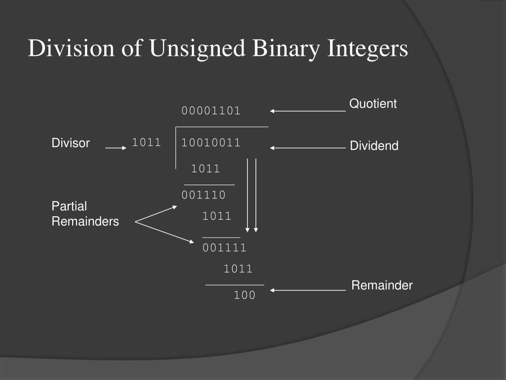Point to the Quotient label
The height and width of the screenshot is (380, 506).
373,103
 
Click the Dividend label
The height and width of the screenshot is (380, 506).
374,146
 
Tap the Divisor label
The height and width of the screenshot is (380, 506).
71,143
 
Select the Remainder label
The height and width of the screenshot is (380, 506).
382,285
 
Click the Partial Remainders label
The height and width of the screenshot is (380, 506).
85,214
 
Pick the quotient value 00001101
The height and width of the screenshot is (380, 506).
211,111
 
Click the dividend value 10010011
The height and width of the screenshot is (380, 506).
211,143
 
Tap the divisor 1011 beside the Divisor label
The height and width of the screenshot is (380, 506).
146,143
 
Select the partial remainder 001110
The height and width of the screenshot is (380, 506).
204,195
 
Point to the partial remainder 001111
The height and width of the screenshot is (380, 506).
224,248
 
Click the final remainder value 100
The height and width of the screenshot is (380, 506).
245,295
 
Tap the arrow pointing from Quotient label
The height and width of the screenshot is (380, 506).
307,111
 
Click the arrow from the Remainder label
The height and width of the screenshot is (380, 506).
307,290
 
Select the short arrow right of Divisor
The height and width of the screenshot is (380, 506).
117,147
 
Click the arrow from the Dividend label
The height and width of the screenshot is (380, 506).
307,147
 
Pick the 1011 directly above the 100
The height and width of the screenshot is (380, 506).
238,269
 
